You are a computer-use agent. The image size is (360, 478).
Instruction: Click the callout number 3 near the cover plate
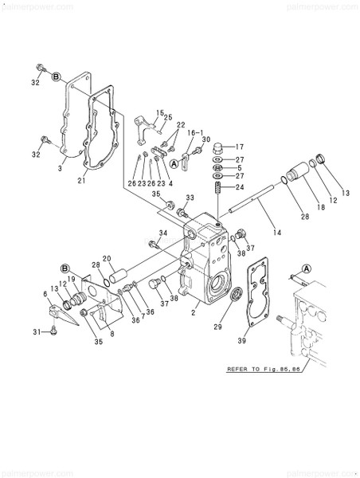[x=61, y=169]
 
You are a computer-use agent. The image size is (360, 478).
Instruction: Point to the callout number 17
[x=240, y=147]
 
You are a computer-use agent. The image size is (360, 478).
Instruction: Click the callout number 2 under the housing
[x=193, y=314]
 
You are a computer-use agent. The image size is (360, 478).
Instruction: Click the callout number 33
[x=190, y=198]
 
